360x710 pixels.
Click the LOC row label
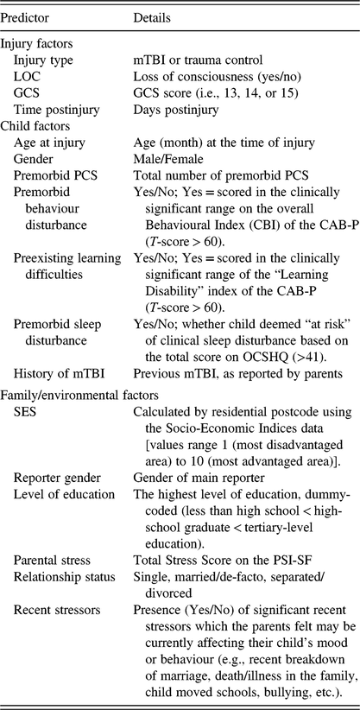28,77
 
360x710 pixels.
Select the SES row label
26,436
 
